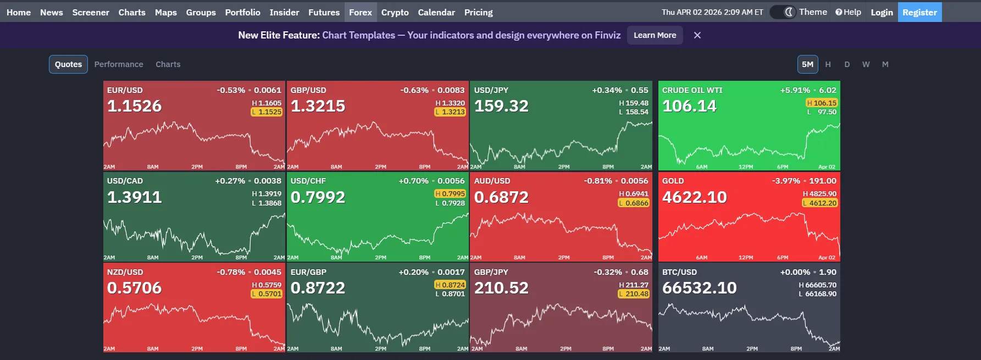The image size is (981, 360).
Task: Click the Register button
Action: tap(919, 12)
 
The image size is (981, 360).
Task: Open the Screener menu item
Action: tap(91, 12)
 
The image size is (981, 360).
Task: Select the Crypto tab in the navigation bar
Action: tap(395, 12)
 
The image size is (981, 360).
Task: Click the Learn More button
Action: tap(655, 35)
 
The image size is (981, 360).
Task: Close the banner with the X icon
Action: tap(697, 35)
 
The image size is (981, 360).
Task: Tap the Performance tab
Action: tap(119, 64)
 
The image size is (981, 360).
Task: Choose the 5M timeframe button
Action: tap(807, 64)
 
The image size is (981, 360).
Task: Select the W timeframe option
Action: tap(866, 64)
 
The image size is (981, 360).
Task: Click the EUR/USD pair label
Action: tap(125, 90)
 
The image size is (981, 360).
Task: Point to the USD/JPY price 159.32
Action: tap(501, 106)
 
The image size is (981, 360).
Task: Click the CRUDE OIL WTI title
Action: tap(692, 90)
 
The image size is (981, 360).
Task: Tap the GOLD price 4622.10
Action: tap(694, 197)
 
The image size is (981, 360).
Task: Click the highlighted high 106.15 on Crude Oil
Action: tap(822, 103)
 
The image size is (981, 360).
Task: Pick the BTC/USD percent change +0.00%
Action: tap(795, 272)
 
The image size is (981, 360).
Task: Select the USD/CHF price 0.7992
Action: tap(318, 197)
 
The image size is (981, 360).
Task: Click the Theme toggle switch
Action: tap(783, 12)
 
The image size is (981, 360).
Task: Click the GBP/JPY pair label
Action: tap(491, 272)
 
